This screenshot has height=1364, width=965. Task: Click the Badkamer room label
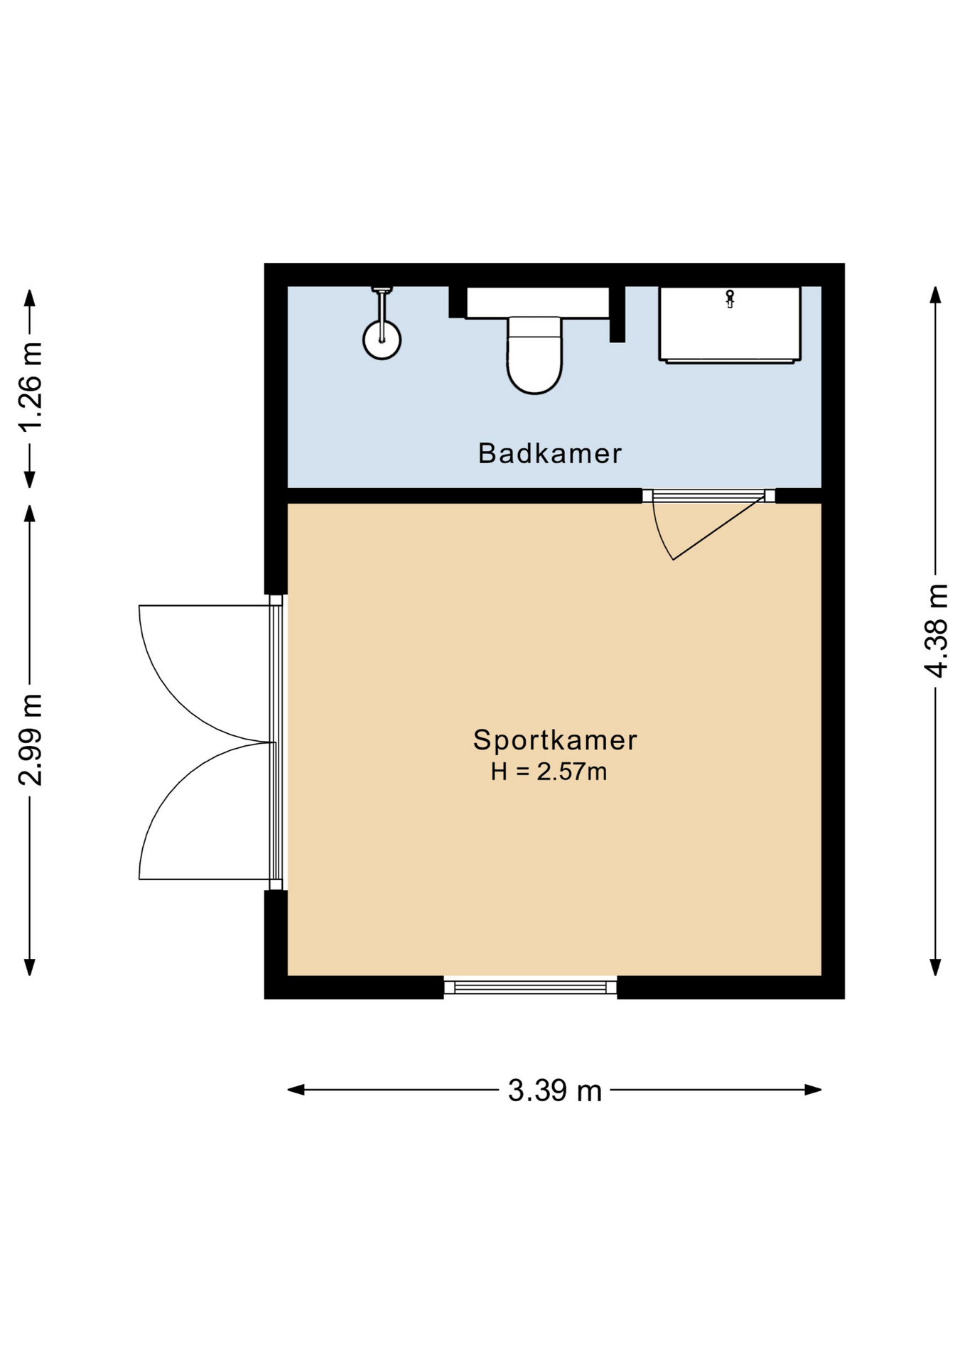pyautogui.click(x=549, y=453)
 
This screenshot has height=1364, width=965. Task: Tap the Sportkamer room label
pyautogui.click(x=555, y=740)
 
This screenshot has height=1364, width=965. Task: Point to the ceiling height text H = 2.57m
pyautogui.click(x=549, y=772)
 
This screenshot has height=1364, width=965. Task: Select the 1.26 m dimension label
pyautogui.click(x=31, y=386)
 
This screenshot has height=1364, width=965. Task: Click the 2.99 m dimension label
pyautogui.click(x=31, y=740)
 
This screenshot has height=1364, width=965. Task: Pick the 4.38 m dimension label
pyautogui.click(x=936, y=631)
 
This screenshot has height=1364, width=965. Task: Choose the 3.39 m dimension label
pyautogui.click(x=555, y=1090)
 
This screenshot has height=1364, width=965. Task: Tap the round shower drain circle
pyautogui.click(x=382, y=340)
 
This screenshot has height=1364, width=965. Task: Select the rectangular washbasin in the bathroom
pyautogui.click(x=730, y=325)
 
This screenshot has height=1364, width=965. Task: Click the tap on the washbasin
pyautogui.click(x=730, y=298)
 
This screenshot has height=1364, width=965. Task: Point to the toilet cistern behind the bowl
pyautogui.click(x=537, y=302)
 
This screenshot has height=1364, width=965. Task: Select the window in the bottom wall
pyautogui.click(x=530, y=986)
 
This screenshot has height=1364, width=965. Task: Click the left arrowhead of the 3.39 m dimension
pyautogui.click(x=296, y=1090)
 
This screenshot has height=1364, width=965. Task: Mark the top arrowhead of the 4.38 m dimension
pyautogui.click(x=936, y=295)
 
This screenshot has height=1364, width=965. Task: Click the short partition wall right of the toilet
pyautogui.click(x=617, y=314)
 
